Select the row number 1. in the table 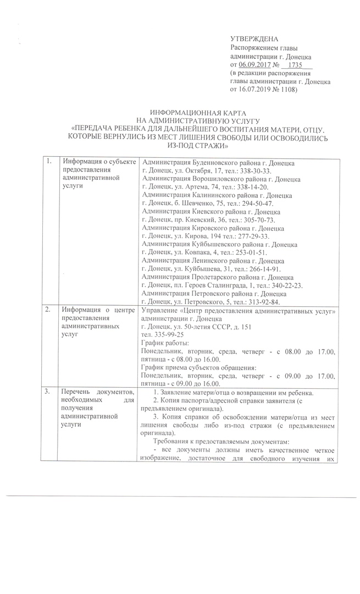tap(49, 162)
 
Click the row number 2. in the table tap(49, 307)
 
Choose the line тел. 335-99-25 tap(162, 334)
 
